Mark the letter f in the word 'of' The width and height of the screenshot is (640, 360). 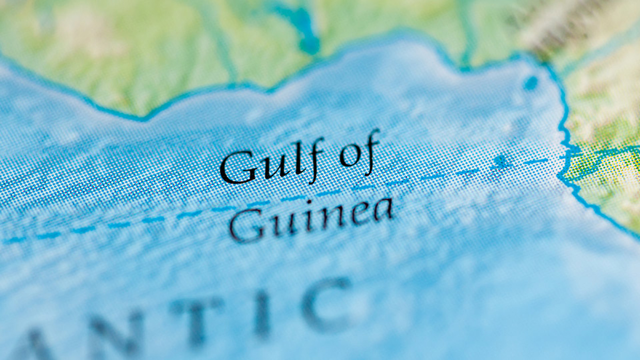(370, 148)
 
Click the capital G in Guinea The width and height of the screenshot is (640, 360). (246, 226)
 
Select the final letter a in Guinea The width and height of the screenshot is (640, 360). (383, 209)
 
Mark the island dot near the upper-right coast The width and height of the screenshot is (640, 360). (530, 83)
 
